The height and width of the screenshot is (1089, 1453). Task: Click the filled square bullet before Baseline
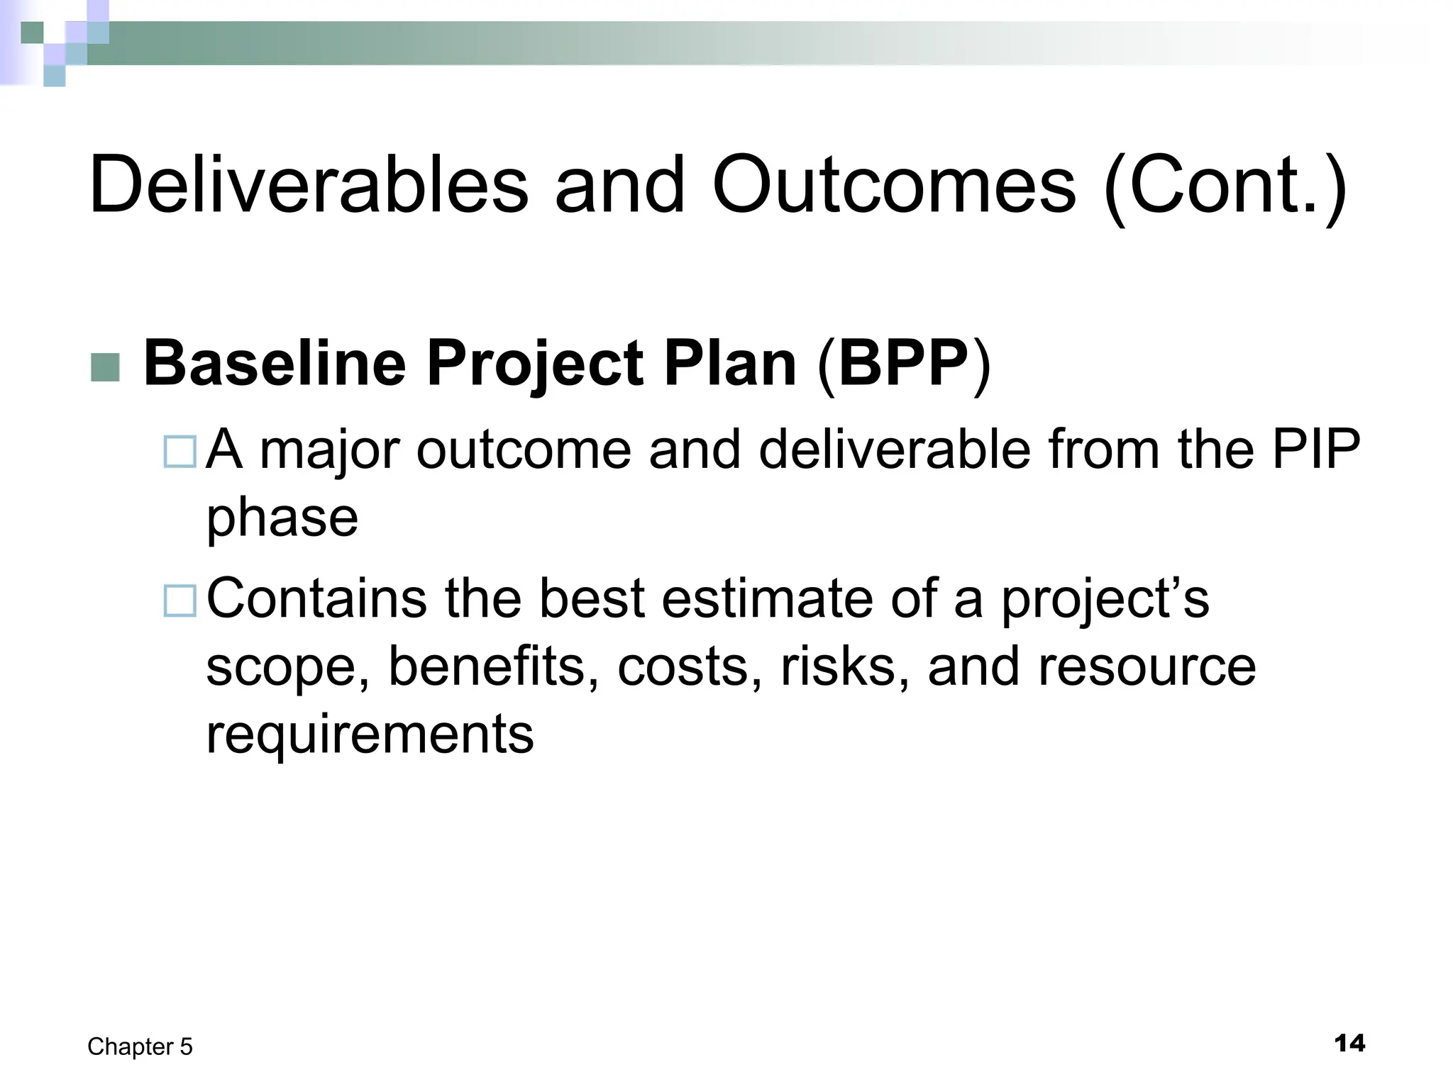tap(106, 367)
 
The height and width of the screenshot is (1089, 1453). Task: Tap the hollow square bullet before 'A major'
tap(179, 452)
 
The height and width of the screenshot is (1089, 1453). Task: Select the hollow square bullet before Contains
tap(179, 600)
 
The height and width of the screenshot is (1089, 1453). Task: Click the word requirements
tap(369, 735)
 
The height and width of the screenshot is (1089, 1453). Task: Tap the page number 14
tap(1349, 1044)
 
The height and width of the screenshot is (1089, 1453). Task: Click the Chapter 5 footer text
tap(140, 1046)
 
